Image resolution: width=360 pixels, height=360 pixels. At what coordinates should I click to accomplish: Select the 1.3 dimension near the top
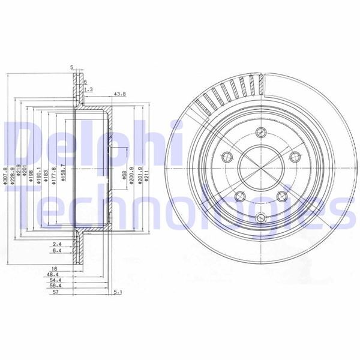88,89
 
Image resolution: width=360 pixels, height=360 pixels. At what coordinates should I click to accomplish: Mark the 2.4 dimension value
58,244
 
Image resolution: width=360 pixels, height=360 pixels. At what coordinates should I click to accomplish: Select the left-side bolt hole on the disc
226,157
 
